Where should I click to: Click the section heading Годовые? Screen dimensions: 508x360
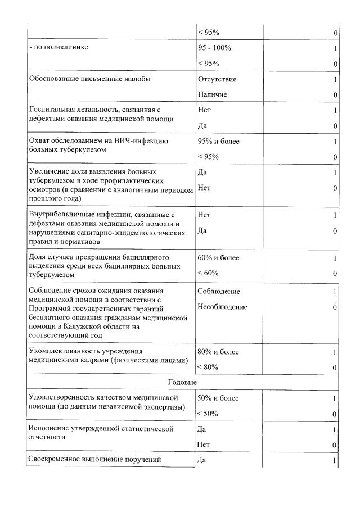point(182,382)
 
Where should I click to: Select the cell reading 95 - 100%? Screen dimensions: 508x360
point(215,48)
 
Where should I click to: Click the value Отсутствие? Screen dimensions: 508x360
point(217,79)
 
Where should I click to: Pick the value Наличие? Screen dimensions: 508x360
point(213,94)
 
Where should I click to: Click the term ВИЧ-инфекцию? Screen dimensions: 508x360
point(144,142)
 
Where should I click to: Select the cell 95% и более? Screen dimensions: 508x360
point(219,142)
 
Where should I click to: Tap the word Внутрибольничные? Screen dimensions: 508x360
point(61,215)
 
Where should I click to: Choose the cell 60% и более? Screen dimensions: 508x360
point(219,258)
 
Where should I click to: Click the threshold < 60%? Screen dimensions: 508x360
point(209,273)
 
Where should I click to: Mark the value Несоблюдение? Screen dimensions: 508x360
point(223,307)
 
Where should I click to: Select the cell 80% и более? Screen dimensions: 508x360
point(219,352)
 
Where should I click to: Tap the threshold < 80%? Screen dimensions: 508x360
point(209,367)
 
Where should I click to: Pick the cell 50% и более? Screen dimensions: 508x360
point(219,398)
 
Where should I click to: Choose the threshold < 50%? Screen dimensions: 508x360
point(209,414)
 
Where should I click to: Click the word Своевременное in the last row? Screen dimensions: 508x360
point(57,460)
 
